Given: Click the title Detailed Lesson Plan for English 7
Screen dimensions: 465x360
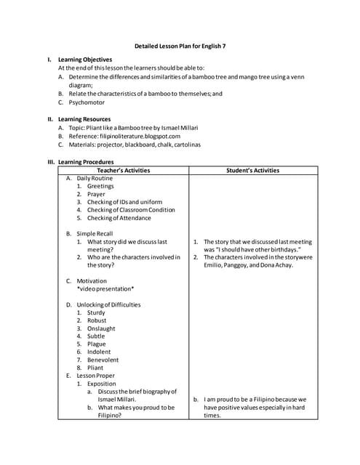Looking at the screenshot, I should (180, 46).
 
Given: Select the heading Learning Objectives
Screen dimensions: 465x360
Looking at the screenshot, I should (85, 60).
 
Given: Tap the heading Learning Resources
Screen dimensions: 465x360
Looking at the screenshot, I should (84, 119).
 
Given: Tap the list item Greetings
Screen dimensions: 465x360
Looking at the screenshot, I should (100, 186).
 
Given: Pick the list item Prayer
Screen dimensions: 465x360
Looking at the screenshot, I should (96, 194).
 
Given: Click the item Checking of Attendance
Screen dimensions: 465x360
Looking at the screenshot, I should (119, 218).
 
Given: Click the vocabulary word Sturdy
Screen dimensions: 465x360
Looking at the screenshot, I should (96, 312).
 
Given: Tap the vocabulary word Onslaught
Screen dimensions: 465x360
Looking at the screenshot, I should (101, 328).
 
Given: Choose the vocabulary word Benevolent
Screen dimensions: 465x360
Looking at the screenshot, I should (103, 360).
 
